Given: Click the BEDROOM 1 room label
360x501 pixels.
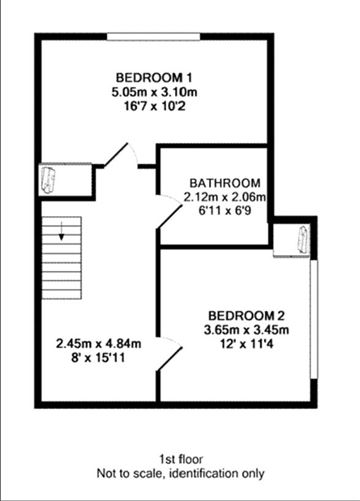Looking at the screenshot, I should (x=154, y=78).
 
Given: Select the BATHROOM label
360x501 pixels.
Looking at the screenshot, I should (x=226, y=183).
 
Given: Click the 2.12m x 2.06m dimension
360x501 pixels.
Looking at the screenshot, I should (x=226, y=197).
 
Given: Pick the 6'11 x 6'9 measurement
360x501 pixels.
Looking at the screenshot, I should (x=226, y=211).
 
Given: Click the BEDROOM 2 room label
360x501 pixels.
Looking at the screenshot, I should (x=247, y=314).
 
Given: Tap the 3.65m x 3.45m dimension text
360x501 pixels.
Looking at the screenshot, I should (x=247, y=329).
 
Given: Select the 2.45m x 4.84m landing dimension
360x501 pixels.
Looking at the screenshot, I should (x=98, y=345).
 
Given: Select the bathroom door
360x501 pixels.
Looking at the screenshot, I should (x=160, y=215).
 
